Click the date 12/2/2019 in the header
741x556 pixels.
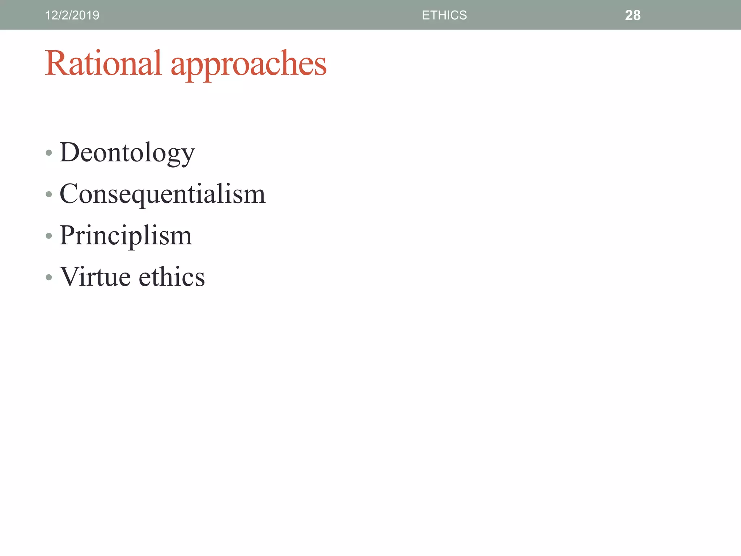click(x=72, y=15)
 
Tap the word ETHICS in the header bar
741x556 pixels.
click(x=444, y=15)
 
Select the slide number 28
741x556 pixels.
click(x=632, y=15)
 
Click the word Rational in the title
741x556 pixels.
click(x=103, y=63)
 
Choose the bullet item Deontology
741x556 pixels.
click(x=127, y=153)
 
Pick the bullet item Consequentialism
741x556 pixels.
click(x=162, y=194)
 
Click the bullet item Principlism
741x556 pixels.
click(x=126, y=236)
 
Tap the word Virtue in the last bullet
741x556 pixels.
click(x=95, y=277)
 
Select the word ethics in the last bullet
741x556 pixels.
click(x=172, y=277)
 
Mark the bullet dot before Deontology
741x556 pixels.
click(x=49, y=153)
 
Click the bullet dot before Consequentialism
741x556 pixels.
click(x=49, y=195)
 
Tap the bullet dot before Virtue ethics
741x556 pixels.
click(x=49, y=278)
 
